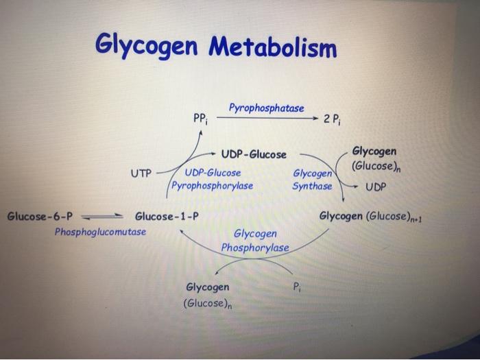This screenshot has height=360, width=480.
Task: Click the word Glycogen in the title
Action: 147,46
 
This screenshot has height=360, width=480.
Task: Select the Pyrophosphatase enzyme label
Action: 266,108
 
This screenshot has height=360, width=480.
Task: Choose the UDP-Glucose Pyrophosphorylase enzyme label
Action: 213,179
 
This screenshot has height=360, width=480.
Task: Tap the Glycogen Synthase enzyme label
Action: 312,180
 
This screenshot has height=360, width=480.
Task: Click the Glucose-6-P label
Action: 39,217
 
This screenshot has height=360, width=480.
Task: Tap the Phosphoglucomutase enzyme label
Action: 100,232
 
